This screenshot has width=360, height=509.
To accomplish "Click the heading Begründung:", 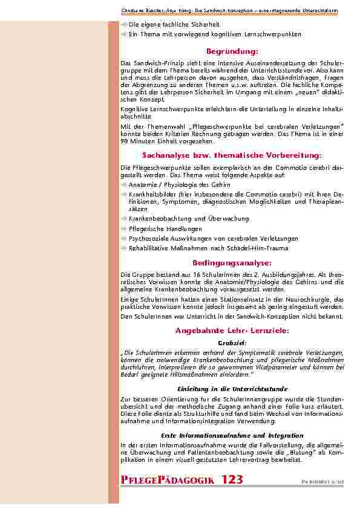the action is coord(232,51).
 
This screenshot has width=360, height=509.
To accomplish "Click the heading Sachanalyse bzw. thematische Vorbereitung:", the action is coord(232,155).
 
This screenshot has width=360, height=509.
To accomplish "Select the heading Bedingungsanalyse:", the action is coord(232,264).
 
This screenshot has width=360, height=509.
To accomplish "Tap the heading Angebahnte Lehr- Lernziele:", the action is coord(232,331).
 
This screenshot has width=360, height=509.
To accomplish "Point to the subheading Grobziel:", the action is coord(232,342).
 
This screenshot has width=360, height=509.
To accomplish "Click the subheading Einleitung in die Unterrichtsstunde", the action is coord(232,389).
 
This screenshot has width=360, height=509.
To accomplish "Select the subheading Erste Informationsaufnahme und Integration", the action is coord(232,435).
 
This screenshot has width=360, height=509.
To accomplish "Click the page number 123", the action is coord(232,480).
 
